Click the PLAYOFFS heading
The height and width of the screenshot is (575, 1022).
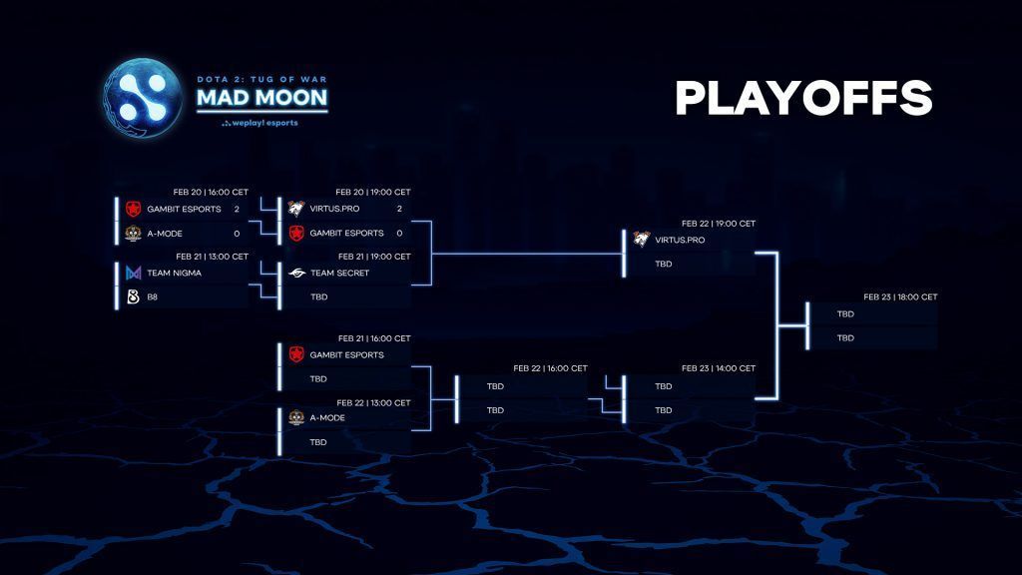pos(803,98)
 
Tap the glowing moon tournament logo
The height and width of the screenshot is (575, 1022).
pos(143,98)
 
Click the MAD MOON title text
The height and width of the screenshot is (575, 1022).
pos(262,97)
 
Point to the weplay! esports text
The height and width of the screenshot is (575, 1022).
pos(259,123)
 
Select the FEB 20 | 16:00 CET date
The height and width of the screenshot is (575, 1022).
pos(211,193)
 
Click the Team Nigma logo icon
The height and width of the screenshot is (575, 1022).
pos(133,273)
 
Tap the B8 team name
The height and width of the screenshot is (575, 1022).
pos(153,296)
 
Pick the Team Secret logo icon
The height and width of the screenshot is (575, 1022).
pos(296,273)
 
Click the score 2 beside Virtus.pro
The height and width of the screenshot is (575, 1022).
pos(399,209)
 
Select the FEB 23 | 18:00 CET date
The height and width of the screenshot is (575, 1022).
pos(901,296)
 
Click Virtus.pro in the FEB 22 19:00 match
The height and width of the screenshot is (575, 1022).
pos(680,240)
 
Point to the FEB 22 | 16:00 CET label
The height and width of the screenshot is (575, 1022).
pos(550,368)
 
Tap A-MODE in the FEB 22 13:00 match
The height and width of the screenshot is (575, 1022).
pos(327,418)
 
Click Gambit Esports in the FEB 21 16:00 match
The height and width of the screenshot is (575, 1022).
pos(346,354)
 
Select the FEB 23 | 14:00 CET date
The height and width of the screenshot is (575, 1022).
pos(719,368)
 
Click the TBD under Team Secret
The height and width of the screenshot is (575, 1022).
pos(318,296)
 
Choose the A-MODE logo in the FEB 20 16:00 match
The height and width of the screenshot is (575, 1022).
pos(133,233)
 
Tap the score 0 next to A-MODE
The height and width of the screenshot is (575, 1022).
pos(237,234)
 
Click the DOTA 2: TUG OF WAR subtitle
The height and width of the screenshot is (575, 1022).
pos(262,80)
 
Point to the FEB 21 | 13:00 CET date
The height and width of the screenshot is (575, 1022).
pos(212,257)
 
